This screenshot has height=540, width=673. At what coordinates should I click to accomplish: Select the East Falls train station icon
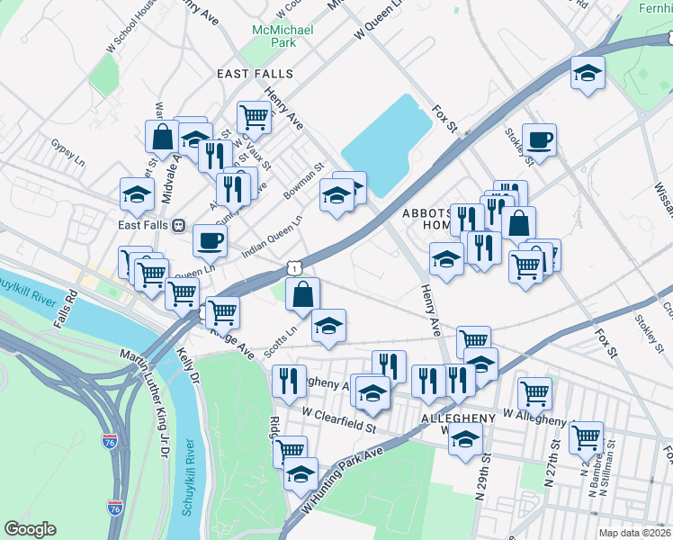tap(178, 225)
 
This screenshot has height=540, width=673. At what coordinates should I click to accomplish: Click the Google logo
tap(30, 529)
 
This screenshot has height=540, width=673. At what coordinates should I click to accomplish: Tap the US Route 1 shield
tap(293, 266)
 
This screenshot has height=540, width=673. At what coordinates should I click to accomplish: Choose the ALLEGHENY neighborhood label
tap(458, 419)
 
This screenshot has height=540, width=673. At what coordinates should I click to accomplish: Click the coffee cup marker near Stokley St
tap(539, 139)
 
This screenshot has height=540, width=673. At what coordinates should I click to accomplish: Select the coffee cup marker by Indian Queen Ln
tap(210, 240)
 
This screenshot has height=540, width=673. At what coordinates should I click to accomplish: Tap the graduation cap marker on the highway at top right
tap(588, 73)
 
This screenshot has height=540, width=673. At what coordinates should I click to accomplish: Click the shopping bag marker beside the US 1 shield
tap(303, 293)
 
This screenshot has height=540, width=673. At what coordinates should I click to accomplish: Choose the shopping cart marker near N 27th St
tap(586, 437)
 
